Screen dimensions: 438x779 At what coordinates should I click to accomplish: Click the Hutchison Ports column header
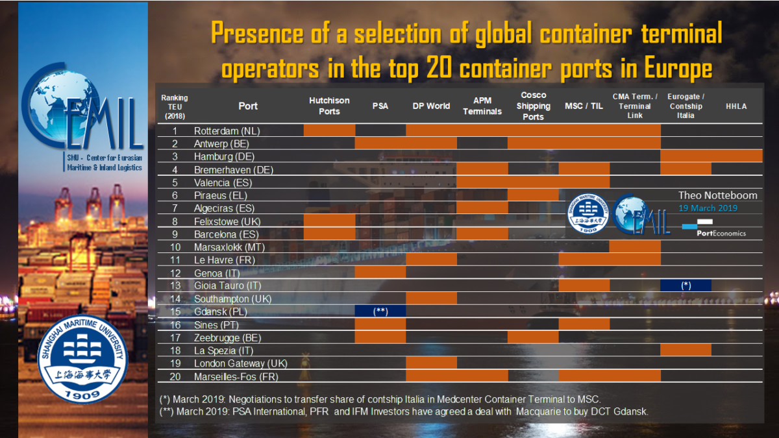(x=329, y=106)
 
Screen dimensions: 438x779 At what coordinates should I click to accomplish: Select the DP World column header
(x=431, y=106)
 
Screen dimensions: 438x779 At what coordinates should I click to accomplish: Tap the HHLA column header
(x=736, y=106)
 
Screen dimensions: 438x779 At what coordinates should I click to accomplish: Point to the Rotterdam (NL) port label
(x=227, y=130)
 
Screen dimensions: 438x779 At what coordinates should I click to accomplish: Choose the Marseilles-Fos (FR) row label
(x=236, y=376)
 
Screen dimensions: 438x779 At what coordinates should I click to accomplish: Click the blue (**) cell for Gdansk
(x=380, y=311)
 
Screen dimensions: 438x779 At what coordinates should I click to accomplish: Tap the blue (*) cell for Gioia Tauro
(x=686, y=286)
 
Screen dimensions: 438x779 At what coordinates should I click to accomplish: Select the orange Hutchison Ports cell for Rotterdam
(x=329, y=130)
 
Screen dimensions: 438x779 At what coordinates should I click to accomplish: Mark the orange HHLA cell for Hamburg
(x=736, y=156)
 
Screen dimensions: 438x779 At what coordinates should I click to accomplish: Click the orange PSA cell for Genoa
(x=380, y=273)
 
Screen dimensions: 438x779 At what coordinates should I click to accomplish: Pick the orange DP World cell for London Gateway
(x=431, y=363)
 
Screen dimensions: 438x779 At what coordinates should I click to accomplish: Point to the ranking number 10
(x=175, y=247)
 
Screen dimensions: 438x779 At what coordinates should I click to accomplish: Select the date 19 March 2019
(x=708, y=208)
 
